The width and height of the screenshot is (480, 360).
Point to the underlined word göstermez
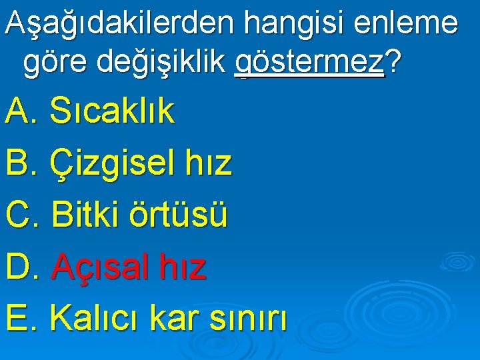point(311,63)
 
